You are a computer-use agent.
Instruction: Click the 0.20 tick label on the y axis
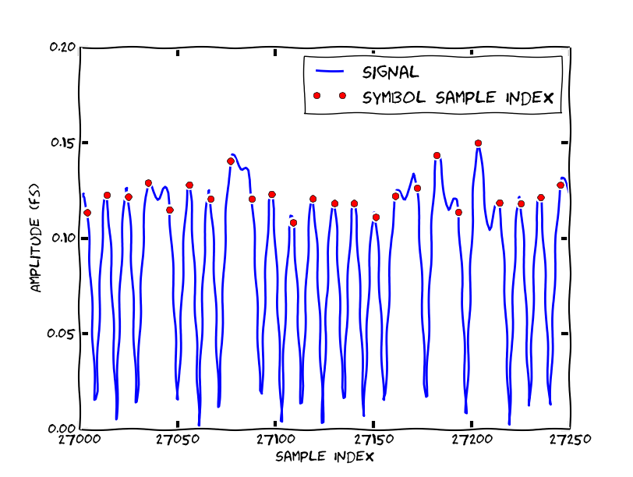pos(62,47)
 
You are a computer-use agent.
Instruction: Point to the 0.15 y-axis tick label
pos(62,143)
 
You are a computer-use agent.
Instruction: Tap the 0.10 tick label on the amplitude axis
pos(62,238)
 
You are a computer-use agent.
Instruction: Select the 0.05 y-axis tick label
pos(62,334)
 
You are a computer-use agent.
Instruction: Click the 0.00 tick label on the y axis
pos(62,429)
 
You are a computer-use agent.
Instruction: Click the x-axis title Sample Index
pos(325,456)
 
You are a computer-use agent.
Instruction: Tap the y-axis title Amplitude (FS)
pos(35,238)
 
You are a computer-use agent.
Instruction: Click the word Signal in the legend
pos(391,72)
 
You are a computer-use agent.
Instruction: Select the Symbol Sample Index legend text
pos(458,97)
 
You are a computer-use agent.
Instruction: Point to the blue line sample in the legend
pos(329,72)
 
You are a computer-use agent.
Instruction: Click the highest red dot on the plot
pos(478,143)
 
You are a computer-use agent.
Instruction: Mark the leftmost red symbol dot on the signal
pos(87,213)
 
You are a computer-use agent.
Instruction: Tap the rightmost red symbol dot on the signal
pos(561,185)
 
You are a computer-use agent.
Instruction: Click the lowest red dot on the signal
pos(294,223)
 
